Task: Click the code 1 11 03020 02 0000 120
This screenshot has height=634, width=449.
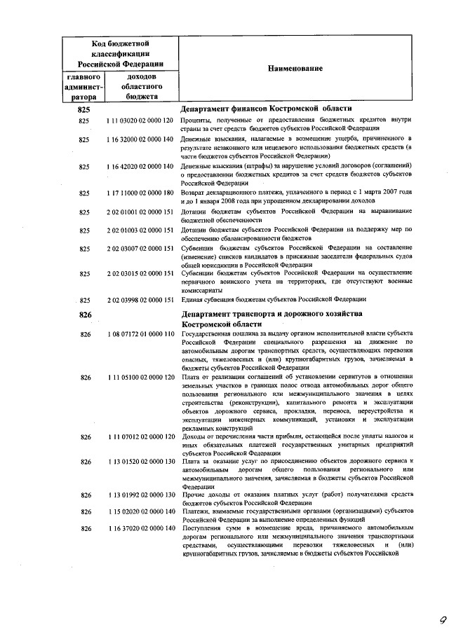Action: point(140,121)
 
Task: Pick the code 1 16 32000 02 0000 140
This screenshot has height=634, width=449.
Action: point(140,140)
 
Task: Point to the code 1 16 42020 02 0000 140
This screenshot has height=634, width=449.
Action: point(140,166)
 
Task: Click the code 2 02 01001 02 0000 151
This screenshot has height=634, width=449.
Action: point(140,211)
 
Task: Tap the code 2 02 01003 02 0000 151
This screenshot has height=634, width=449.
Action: point(140,230)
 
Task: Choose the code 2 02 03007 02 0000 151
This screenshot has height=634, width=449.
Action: point(140,249)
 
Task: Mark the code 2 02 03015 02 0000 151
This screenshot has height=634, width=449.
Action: point(140,274)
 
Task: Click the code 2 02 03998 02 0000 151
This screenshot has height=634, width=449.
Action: point(140,300)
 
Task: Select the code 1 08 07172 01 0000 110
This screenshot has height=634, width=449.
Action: point(140,334)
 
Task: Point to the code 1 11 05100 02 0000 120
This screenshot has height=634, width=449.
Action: point(140,378)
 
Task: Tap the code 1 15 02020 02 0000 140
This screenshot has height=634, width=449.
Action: point(140,512)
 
